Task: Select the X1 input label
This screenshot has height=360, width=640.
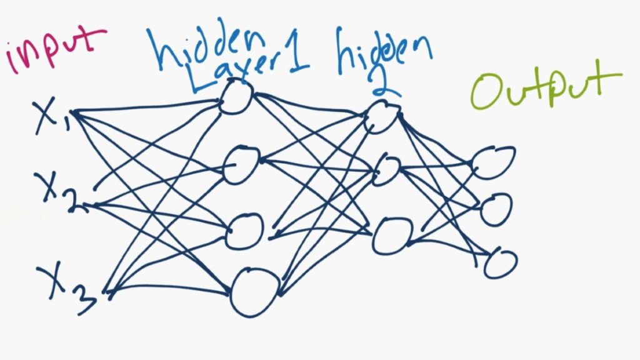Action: point(52,119)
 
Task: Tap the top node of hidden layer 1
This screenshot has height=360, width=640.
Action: point(236,98)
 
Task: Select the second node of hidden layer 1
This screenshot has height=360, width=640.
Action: point(241,165)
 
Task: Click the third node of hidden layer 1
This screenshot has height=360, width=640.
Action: point(245,231)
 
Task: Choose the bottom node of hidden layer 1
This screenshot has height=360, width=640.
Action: point(254,292)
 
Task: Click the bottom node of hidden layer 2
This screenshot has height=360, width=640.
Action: point(392,236)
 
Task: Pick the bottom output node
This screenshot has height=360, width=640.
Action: point(500,263)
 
